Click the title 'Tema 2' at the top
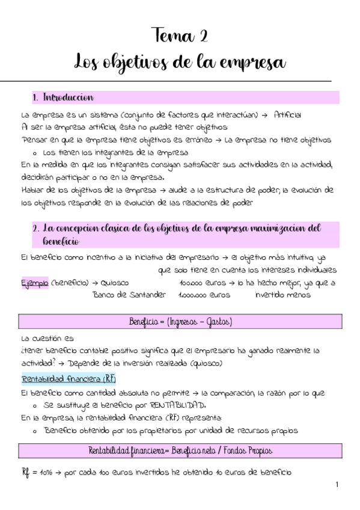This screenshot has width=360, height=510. [x=180, y=36]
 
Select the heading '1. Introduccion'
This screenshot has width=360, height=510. [x=63, y=97]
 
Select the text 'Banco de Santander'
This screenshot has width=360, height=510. [x=129, y=295]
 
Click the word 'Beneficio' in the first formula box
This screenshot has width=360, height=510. [x=142, y=322]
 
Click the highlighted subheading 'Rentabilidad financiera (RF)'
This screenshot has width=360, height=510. [x=68, y=379]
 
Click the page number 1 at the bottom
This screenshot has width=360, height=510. [x=337, y=485]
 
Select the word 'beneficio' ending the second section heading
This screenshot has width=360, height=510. [x=61, y=241]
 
